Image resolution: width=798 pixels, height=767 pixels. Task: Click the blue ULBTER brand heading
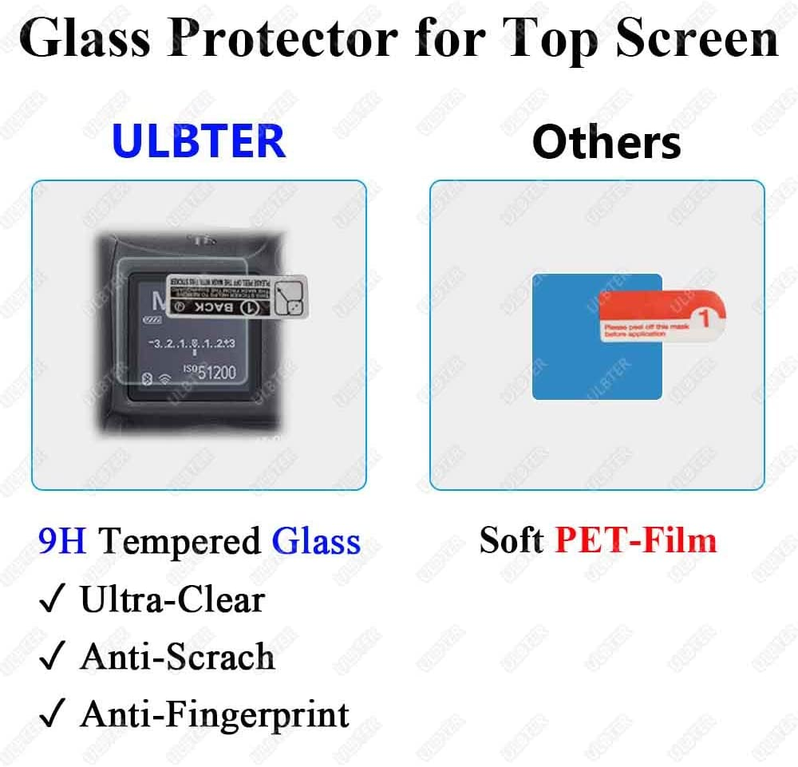[x=199, y=140]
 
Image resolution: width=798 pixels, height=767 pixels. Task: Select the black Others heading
[x=606, y=142]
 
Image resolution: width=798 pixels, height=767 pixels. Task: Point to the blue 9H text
[x=62, y=541]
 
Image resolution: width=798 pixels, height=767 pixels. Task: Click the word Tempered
[x=180, y=543]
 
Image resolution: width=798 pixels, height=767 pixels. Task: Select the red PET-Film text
[x=635, y=540]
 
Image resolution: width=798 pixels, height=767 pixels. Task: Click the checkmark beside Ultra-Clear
[x=51, y=600]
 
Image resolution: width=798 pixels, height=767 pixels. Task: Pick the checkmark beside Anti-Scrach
[x=51, y=658]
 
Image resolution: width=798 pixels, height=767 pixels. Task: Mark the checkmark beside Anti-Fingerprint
[x=51, y=714]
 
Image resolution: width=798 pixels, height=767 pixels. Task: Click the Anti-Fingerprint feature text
[x=215, y=714]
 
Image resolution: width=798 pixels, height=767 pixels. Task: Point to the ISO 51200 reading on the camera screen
[x=209, y=372]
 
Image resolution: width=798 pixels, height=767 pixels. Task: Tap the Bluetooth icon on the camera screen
[x=145, y=379]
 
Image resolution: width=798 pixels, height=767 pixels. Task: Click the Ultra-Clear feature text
[x=172, y=600]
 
